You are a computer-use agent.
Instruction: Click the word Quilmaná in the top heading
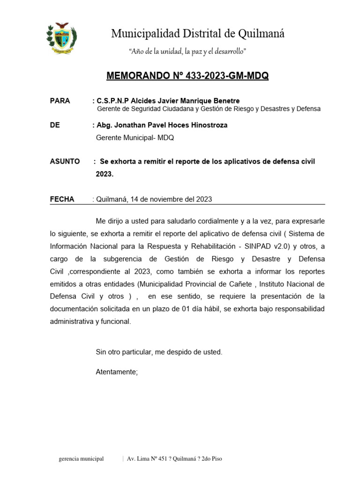coord(262,34)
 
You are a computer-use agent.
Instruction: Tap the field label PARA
coord(60,101)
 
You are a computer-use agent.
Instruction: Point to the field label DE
coord(54,125)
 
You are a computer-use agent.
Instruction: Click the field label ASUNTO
coord(65,161)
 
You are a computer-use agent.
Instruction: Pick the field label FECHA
coord(62,199)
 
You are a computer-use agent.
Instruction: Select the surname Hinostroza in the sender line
coord(209,125)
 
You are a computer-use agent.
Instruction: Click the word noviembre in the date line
coord(157,199)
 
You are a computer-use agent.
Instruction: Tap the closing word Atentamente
coord(117,372)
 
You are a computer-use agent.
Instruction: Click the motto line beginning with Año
coord(187,51)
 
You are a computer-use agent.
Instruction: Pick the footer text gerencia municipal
coord(81,458)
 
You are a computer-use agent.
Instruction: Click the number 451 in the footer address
coord(161,458)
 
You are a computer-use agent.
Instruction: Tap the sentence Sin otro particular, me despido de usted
coord(159,352)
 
